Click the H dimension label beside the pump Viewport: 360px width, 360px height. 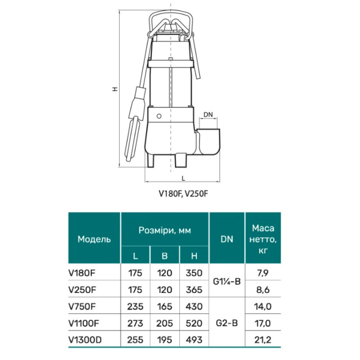(115, 89)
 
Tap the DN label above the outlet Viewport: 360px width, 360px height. (208, 114)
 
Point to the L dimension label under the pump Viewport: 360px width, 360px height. (183, 179)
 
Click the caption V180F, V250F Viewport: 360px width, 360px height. (183, 194)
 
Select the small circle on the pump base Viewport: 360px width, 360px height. (159, 116)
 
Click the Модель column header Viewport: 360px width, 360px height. (94, 239)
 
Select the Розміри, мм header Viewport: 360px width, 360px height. (165, 230)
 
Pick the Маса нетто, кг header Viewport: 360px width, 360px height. (263, 239)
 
